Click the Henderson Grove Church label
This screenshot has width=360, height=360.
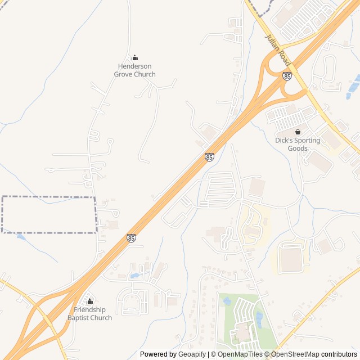[x=134, y=70]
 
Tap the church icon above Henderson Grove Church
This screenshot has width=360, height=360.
[x=134, y=57]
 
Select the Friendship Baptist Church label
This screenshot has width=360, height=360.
[x=89, y=314]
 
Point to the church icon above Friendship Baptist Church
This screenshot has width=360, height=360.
[x=89, y=301]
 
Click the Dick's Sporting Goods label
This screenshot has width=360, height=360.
[x=298, y=145]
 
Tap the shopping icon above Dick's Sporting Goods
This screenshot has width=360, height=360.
[x=298, y=132]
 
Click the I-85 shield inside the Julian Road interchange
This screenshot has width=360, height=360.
[x=287, y=76]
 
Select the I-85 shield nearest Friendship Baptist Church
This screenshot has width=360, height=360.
[x=131, y=238]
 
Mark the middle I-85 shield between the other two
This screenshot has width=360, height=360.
[x=209, y=157]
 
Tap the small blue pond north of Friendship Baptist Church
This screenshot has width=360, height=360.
[x=135, y=276]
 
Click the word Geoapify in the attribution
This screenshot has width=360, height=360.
[x=192, y=354]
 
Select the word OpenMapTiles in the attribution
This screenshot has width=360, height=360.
[x=240, y=354]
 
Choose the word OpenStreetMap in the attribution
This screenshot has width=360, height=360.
[x=295, y=354]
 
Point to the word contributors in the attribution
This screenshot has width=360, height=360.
[x=339, y=354]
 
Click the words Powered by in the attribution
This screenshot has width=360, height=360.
[x=158, y=354]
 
